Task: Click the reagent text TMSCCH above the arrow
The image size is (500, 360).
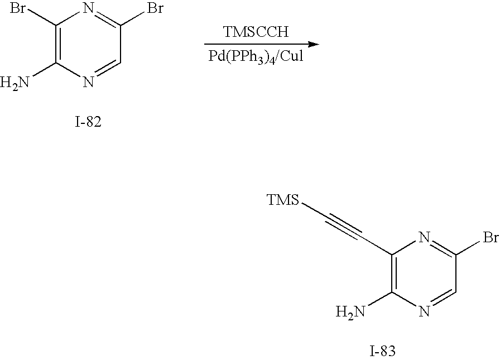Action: tap(256, 32)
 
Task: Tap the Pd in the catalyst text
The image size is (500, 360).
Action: tap(215, 56)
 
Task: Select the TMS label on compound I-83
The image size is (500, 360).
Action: tap(283, 200)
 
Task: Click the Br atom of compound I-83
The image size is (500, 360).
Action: tap(489, 239)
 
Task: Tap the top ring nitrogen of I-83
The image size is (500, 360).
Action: tap(424, 239)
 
